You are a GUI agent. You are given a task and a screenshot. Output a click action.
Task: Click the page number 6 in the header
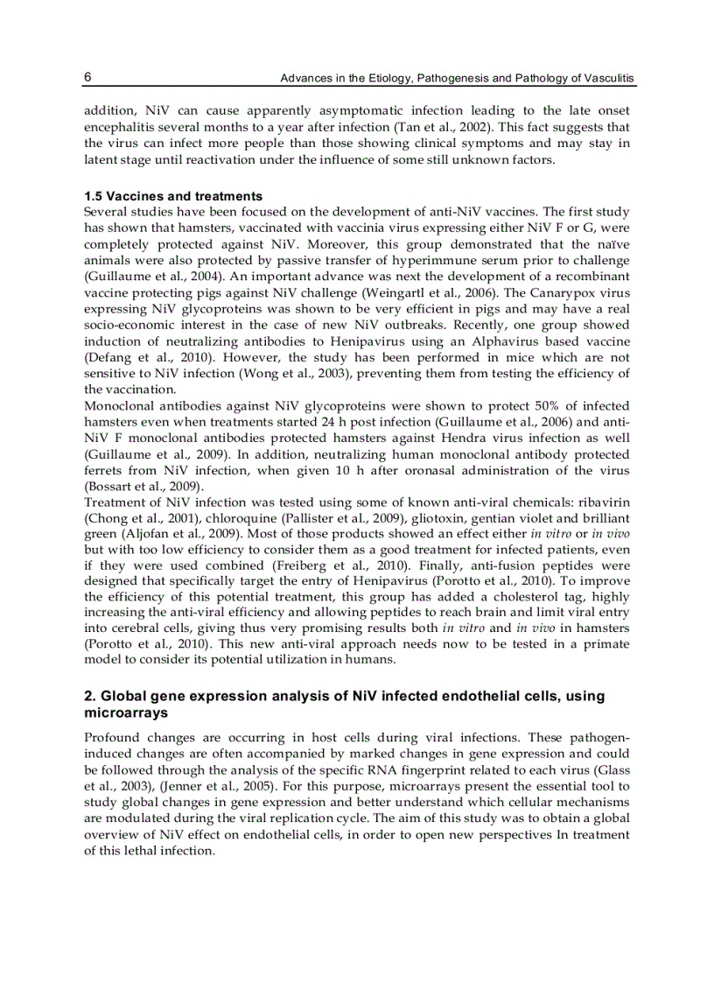pyautogui.click(x=88, y=78)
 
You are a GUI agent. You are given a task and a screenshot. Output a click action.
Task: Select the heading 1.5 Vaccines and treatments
pyautogui.click(x=173, y=196)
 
